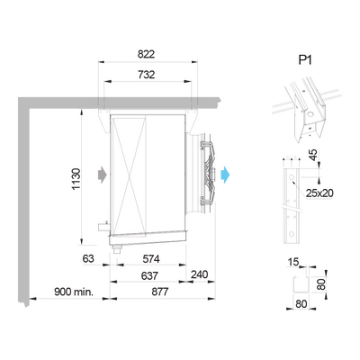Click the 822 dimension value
(x=146, y=54)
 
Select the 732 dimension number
(x=146, y=75)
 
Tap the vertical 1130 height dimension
(x=76, y=179)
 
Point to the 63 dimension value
(x=88, y=258)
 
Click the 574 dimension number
(x=151, y=258)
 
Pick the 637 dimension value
(x=149, y=275)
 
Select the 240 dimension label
(x=199, y=274)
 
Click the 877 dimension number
(x=160, y=292)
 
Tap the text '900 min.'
(x=74, y=292)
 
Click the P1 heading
(x=305, y=60)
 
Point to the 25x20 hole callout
(x=319, y=193)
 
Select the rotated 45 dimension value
(x=313, y=155)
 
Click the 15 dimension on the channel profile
(x=293, y=262)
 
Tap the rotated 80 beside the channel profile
(x=320, y=284)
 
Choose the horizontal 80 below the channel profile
(x=301, y=304)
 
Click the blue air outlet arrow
(x=225, y=175)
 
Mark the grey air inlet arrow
(x=103, y=174)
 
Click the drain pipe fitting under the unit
(x=116, y=249)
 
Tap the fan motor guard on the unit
(x=208, y=174)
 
